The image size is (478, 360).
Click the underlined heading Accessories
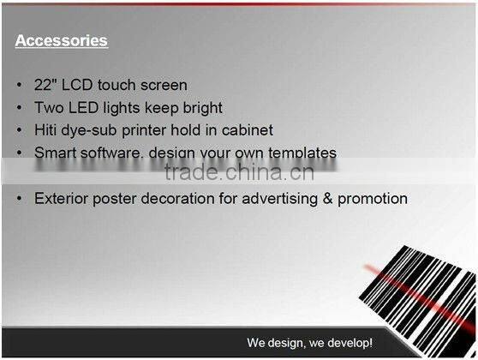61,40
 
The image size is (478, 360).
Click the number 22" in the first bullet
45,85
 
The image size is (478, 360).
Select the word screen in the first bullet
163,85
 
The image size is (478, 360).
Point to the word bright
200,108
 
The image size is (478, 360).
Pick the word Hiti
47,130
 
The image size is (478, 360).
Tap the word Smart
54,153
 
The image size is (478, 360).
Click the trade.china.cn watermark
238,172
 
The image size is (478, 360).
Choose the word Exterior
63,198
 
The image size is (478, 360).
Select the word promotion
372,198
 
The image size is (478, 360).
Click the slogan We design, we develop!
309,343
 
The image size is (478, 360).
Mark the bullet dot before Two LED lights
19,108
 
